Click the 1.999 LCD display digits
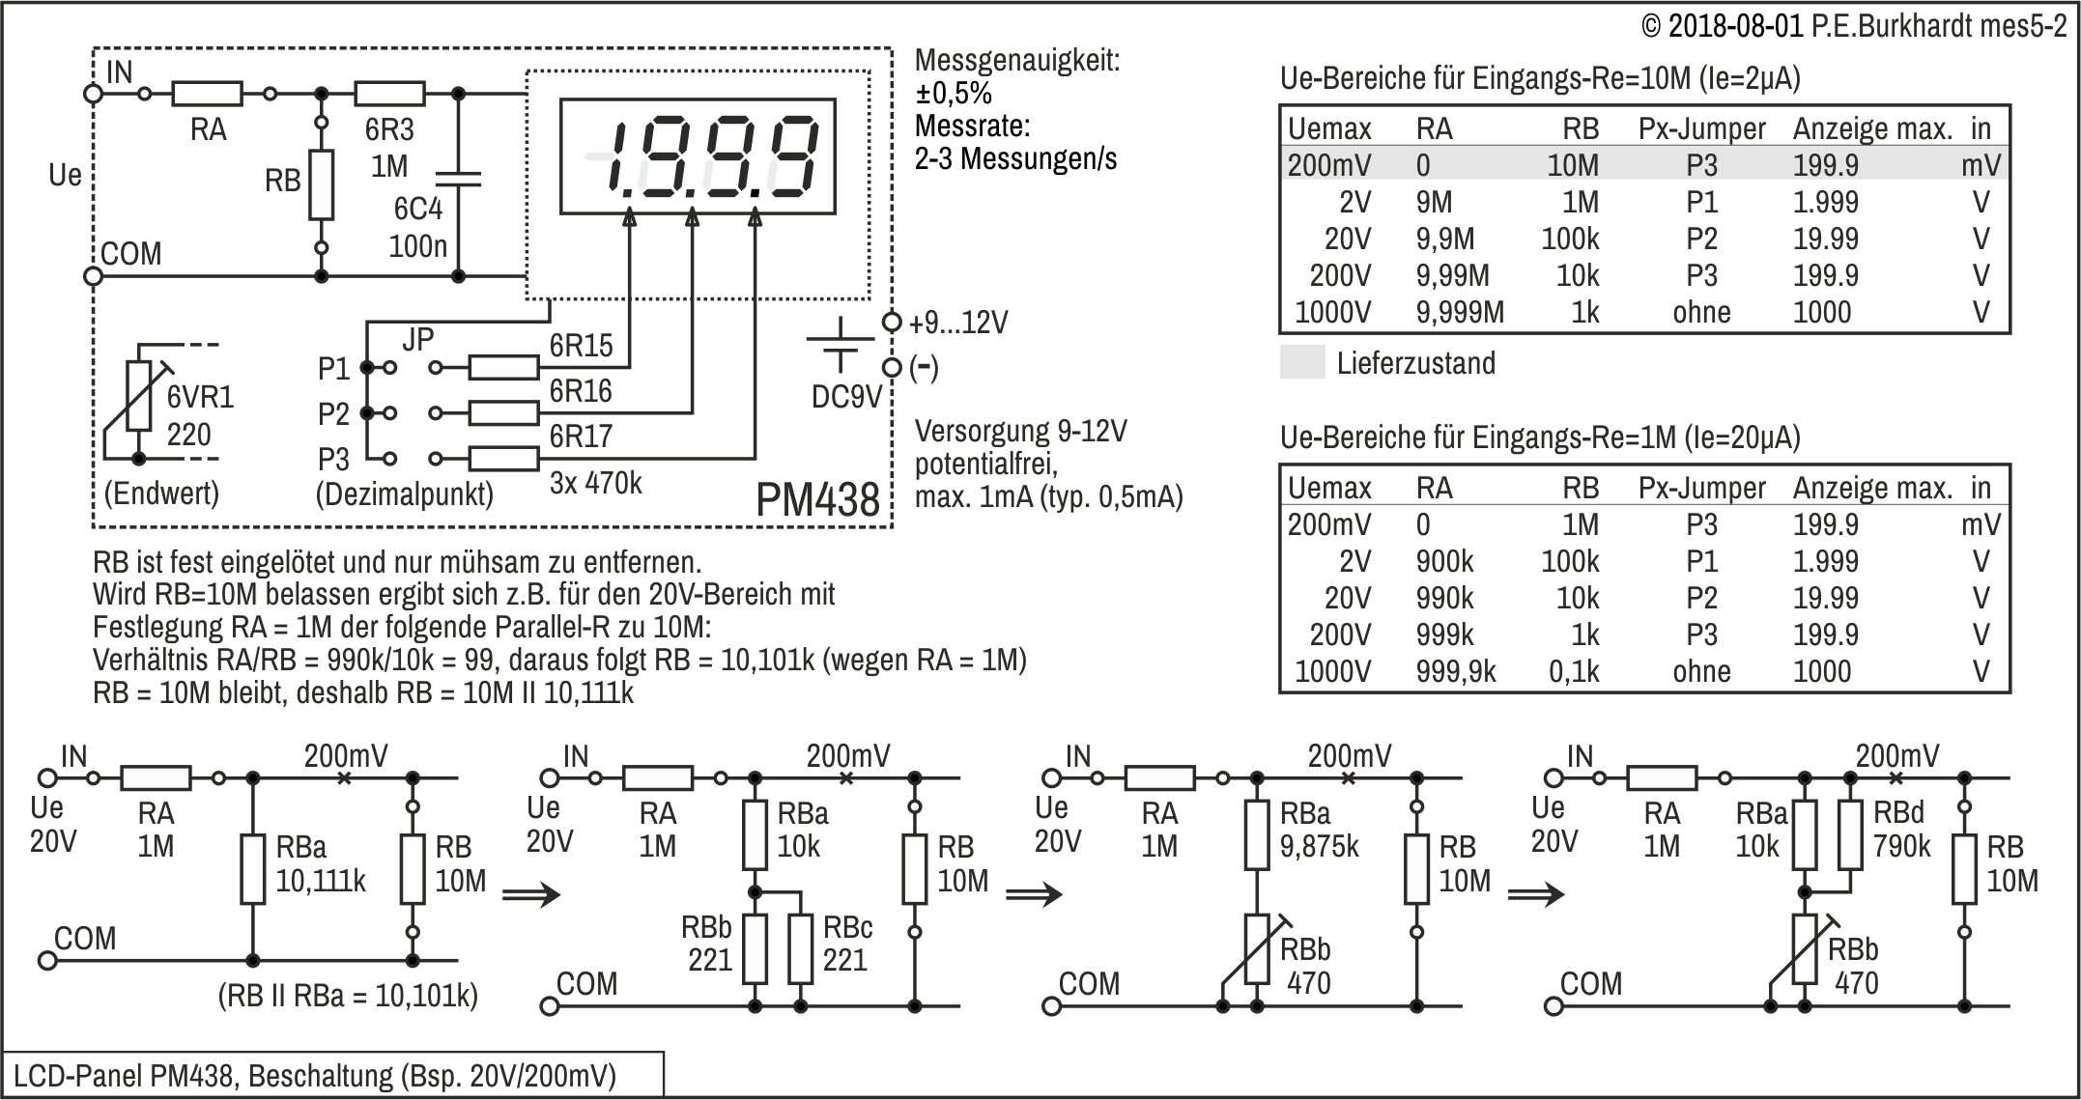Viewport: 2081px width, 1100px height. [698, 156]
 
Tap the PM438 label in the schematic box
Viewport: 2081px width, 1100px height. [817, 500]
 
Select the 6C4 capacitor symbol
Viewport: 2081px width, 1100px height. [458, 178]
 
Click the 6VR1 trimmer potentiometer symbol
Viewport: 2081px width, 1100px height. [140, 396]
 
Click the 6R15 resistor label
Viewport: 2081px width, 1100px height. [581, 346]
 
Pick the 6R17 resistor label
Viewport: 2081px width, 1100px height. [581, 437]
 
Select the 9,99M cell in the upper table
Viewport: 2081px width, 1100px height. [1452, 276]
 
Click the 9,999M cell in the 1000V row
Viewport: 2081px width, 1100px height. [1460, 313]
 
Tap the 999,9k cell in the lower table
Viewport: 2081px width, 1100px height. [1455, 672]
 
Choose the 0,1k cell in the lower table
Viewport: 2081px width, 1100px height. [1574, 672]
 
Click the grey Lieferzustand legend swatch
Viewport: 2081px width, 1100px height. [1302, 363]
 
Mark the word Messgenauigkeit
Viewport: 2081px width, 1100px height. [1017, 61]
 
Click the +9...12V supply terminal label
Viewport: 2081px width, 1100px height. [958, 323]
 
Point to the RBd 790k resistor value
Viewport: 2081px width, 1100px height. [1901, 846]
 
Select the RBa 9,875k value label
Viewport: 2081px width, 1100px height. [1319, 846]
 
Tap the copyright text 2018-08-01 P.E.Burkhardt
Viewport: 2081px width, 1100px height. [1854, 26]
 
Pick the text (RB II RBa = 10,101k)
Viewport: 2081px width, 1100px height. [348, 996]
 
